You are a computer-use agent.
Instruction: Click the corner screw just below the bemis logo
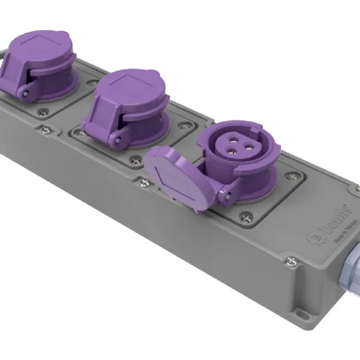(x=290, y=259)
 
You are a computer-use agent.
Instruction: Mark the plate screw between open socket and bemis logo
(x=292, y=176)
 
